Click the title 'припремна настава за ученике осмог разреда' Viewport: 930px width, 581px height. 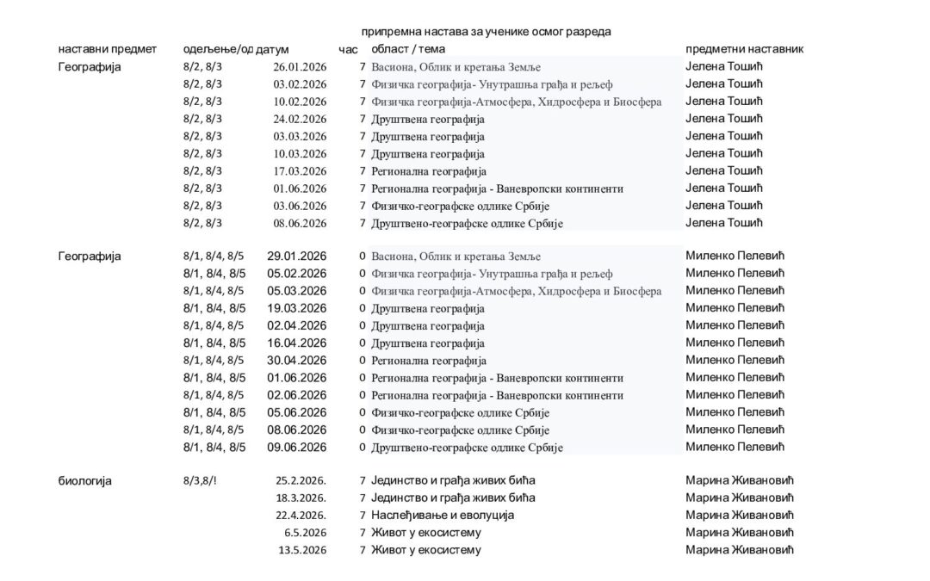point(486,32)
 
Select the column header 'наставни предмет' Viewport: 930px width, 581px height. point(107,49)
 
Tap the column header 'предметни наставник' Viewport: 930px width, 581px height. point(744,49)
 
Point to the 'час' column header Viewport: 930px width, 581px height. point(348,50)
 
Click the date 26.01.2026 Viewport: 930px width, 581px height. point(300,67)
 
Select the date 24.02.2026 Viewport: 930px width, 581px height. point(300,120)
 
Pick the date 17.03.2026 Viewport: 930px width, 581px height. point(300,171)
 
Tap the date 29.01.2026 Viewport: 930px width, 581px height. point(297,257)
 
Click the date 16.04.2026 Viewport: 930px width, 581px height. point(297,343)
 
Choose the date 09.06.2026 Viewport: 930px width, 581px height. point(297,448)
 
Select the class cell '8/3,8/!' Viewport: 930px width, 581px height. point(200,481)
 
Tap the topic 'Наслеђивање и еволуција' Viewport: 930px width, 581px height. point(443,516)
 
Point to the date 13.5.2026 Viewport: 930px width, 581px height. point(302,550)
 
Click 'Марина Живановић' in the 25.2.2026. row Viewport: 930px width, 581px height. point(739,481)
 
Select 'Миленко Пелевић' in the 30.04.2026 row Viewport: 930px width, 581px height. point(735,361)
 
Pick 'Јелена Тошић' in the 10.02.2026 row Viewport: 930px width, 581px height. point(724,102)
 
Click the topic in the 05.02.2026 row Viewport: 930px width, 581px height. point(492,275)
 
